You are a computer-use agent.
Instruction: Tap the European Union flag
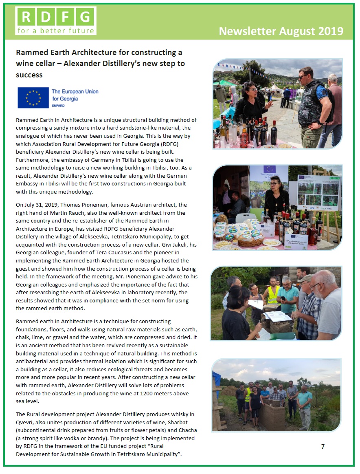click(x=33, y=98)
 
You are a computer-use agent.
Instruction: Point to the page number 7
click(x=323, y=446)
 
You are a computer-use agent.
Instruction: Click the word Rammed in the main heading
click(x=30, y=53)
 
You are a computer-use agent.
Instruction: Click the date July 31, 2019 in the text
click(x=44, y=205)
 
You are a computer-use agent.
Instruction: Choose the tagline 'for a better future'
click(x=56, y=30)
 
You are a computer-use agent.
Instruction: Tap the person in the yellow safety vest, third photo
click(x=272, y=292)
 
